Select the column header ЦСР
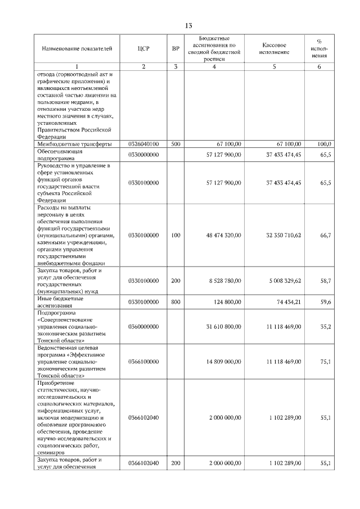click(143, 48)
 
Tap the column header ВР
click(175, 48)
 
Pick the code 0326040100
click(143, 144)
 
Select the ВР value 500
click(175, 144)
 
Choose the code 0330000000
click(143, 155)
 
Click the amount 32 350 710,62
click(283, 236)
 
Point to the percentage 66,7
click(325, 236)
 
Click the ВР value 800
click(175, 302)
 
